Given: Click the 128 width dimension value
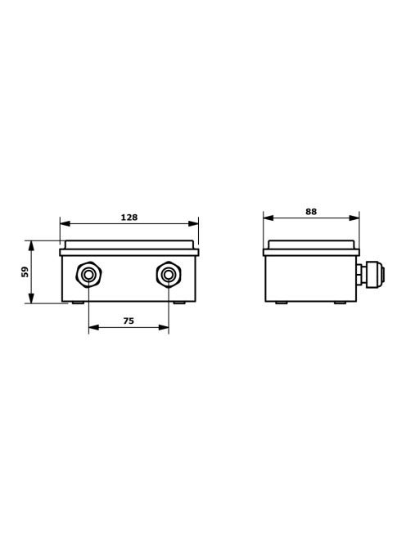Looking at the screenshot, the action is [x=129, y=218].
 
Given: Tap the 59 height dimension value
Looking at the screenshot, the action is [x=25, y=271].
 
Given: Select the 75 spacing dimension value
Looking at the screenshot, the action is [x=129, y=321].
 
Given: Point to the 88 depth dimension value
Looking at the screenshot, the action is [x=311, y=212].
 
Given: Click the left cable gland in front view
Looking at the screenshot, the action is [x=88, y=275].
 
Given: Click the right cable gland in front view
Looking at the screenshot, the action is [x=169, y=275].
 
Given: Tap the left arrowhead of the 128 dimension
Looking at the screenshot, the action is [x=65, y=224].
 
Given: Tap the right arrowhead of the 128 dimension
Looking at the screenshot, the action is [x=193, y=224].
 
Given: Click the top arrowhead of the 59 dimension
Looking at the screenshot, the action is [x=32, y=245].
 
